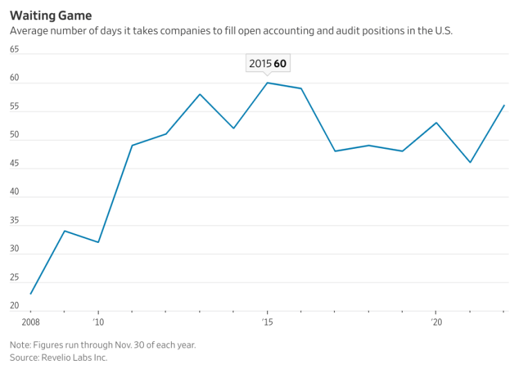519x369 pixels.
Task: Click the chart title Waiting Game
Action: [51, 15]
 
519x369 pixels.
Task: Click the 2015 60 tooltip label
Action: [267, 64]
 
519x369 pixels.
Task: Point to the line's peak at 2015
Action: [267, 83]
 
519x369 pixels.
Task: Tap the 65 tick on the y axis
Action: [15, 49]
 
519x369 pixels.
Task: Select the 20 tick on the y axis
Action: [15, 305]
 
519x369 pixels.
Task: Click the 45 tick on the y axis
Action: [15, 163]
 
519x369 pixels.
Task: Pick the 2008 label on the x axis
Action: [31, 322]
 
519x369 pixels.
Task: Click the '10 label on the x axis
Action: [98, 322]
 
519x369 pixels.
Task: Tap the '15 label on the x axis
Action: [267, 322]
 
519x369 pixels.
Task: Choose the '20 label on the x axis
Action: [436, 322]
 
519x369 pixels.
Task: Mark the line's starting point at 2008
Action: [31, 294]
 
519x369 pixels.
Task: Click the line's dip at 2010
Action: [98, 242]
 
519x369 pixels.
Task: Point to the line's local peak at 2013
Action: [200, 94]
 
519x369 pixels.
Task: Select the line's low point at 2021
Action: [470, 163]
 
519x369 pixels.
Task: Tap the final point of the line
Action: [504, 105]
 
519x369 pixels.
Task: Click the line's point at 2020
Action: [436, 123]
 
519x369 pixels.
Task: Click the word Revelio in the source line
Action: [56, 358]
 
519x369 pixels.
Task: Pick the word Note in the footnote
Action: [21, 345]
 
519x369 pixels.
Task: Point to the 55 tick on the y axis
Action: [15, 107]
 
